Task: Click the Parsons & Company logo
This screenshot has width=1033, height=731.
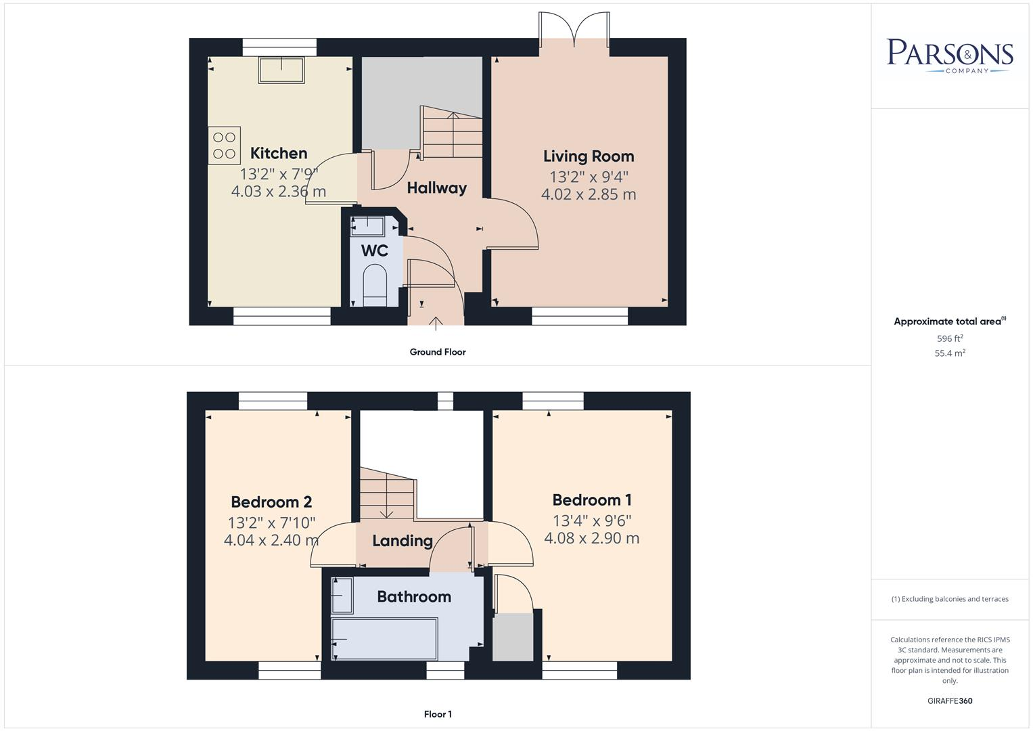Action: point(949,56)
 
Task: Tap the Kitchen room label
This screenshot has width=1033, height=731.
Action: point(279,153)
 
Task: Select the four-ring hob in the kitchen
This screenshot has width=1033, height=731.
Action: point(224,146)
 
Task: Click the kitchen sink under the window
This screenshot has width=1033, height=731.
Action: point(281,70)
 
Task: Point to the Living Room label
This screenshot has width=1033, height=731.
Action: point(589,156)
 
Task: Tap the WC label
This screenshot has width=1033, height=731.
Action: point(374,251)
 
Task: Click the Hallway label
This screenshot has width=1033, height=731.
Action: point(436,188)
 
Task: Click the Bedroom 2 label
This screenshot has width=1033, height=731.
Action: point(271,502)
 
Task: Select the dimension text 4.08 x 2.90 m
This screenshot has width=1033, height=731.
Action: point(591,539)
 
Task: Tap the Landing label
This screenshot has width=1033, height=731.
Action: point(403,541)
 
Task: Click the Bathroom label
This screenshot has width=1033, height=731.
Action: point(413,597)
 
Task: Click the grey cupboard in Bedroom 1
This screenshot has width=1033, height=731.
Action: point(512,636)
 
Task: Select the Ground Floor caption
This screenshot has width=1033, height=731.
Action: point(437,352)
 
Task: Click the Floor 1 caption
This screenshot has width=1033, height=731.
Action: point(437,714)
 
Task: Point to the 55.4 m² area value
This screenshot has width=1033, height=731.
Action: point(949,353)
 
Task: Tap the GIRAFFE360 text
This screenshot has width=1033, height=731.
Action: point(949,701)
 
